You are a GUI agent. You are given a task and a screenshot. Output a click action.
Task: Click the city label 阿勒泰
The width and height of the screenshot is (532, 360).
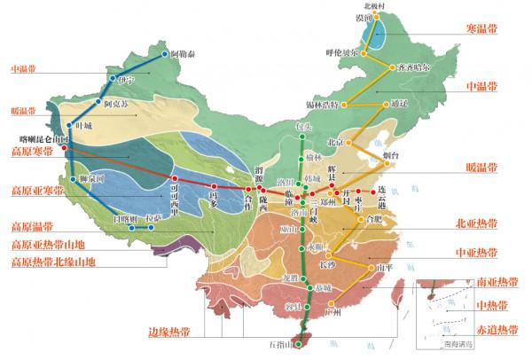pos(184,54)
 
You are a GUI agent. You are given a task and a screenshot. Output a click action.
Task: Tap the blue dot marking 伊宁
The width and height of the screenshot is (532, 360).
pos(111,79)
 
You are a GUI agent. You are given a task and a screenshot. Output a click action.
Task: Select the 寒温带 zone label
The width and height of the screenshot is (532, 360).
pos(481,29)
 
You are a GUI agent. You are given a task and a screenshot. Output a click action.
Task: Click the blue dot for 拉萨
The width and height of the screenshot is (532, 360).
pos(152,227)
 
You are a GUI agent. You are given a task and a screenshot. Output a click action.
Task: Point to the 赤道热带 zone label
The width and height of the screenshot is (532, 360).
pos(495,329)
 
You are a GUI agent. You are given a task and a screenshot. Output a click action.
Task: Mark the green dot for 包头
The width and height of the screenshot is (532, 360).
pos(301,137)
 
